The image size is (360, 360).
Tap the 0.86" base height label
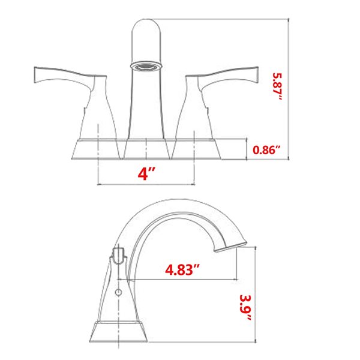click(x=267, y=150)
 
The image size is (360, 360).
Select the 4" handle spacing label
click(x=146, y=173)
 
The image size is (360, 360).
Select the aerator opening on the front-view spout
click(x=145, y=64)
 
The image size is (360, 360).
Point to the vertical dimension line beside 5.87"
click(x=290, y=90)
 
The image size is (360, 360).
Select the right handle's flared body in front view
click(x=195, y=111)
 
